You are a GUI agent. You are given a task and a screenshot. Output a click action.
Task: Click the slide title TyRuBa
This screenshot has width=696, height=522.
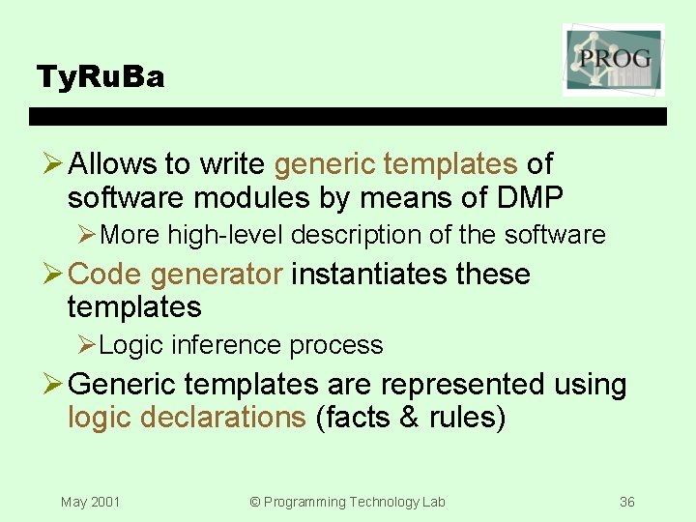100,76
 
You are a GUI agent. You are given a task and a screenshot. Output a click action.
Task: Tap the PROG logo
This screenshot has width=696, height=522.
614,60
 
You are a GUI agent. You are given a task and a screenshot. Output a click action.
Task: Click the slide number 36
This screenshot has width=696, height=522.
627,502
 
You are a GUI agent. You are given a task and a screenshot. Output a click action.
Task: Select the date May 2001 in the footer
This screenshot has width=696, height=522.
90,502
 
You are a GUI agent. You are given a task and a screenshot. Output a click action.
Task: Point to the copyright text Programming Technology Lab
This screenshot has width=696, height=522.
347,502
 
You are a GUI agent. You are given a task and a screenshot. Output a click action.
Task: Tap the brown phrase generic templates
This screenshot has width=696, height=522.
395,164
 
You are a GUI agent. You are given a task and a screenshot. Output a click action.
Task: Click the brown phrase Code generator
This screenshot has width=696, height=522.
176,275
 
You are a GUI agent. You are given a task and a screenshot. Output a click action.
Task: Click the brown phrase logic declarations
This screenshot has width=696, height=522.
187,418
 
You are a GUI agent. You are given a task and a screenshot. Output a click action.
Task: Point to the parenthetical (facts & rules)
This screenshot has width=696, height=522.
411,418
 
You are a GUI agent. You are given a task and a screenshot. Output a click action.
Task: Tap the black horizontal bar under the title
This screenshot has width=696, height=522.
348,116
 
